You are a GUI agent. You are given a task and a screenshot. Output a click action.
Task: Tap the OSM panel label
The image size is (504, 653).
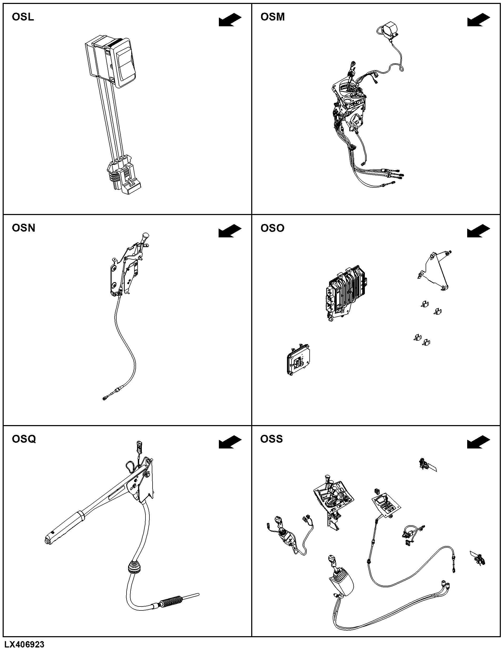(273, 17)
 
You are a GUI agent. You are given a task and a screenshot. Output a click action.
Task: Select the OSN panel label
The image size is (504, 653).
(23, 228)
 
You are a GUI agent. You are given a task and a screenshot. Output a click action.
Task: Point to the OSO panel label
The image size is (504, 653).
(272, 228)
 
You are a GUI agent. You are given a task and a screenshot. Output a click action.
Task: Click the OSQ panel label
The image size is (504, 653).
(24, 439)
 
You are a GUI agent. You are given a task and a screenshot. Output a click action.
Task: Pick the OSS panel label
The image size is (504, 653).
(271, 439)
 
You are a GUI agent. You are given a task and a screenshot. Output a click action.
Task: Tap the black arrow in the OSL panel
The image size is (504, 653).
(230, 20)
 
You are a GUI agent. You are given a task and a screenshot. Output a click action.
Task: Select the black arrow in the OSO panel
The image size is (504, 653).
(478, 231)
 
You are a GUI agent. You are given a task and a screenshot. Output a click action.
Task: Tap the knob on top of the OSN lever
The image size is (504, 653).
(146, 236)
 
